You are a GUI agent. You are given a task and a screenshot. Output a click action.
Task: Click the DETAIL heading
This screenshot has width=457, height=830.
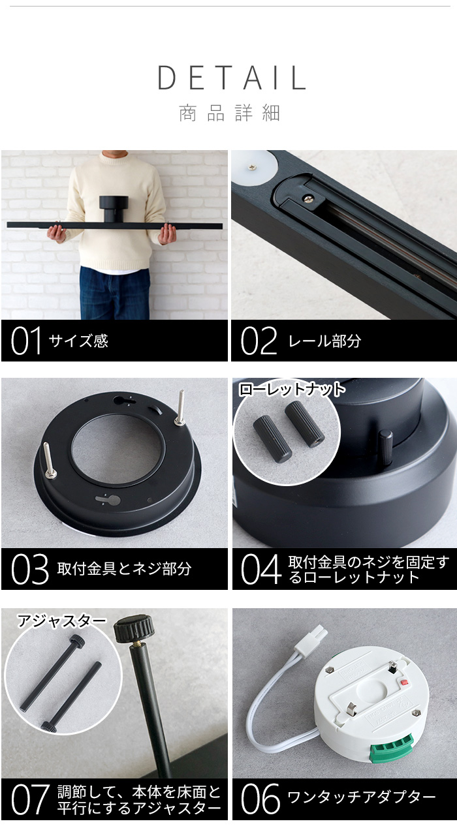tap(232, 78)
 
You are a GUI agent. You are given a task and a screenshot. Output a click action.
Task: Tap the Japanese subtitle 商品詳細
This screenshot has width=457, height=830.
tap(229, 113)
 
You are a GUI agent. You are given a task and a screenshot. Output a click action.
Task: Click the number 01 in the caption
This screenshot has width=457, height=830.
tap(25, 341)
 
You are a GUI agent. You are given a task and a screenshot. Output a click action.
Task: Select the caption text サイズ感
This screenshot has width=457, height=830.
tap(78, 341)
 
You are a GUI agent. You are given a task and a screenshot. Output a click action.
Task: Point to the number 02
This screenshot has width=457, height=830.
tap(259, 341)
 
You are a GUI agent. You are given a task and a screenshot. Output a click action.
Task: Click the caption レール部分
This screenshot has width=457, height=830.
tap(324, 341)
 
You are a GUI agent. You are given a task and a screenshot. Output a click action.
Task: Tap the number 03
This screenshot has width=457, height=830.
tap(29, 569)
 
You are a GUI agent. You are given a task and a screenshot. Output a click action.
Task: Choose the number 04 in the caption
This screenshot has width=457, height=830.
tap(261, 569)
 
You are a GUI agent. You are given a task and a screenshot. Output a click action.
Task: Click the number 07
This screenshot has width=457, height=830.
tap(30, 799)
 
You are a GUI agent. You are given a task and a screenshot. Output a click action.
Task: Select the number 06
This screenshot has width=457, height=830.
tap(260, 799)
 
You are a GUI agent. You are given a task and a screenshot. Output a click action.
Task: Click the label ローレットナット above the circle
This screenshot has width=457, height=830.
tap(292, 390)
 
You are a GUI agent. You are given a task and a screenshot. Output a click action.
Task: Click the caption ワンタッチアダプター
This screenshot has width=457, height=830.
tap(362, 797)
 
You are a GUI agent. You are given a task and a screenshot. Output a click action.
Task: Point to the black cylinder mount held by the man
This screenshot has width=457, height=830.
tap(114, 209)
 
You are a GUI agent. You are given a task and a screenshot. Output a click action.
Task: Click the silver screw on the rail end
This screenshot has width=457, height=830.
tap(309, 198)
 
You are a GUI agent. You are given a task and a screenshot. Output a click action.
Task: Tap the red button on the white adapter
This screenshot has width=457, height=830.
tap(404, 681)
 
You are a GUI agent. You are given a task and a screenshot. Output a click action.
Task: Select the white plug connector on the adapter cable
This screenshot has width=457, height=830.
tap(314, 636)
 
